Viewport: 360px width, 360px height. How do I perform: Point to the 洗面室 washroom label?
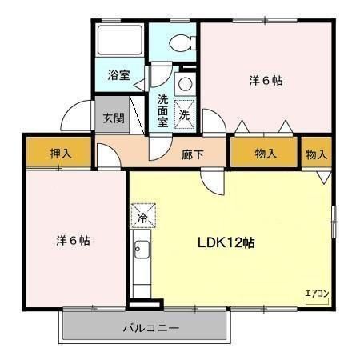[x=162, y=110]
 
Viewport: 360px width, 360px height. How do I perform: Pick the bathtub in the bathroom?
[x=120, y=44]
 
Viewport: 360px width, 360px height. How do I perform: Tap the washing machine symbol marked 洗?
[x=184, y=115]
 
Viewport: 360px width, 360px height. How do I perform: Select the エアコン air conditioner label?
[x=318, y=293]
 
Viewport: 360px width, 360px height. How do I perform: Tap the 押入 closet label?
[x=61, y=154]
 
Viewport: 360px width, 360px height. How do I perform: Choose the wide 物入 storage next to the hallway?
[x=266, y=154]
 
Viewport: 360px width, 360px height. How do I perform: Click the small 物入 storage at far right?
[x=317, y=154]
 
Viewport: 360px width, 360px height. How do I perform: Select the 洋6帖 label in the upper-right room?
[x=266, y=81]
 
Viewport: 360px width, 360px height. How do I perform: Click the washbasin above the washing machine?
[x=184, y=83]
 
